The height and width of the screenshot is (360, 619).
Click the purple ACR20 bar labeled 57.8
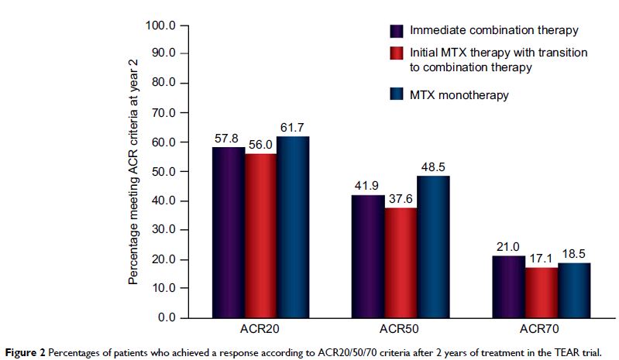click(x=229, y=231)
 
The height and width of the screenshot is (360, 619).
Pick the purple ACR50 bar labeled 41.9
click(x=368, y=255)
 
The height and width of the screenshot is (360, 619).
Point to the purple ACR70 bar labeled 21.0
click(x=507, y=286)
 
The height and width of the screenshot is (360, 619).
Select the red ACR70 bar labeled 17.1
click(x=541, y=292)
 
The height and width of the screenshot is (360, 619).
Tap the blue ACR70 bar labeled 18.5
click(x=573, y=290)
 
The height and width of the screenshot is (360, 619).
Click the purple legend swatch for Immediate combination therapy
click(x=397, y=31)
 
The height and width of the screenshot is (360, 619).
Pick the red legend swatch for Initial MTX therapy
click(x=397, y=53)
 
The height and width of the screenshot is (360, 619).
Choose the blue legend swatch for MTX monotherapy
click(x=397, y=94)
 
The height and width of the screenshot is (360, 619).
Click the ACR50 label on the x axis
click(x=401, y=330)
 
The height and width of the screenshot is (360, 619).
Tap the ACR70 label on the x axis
click(x=540, y=330)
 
